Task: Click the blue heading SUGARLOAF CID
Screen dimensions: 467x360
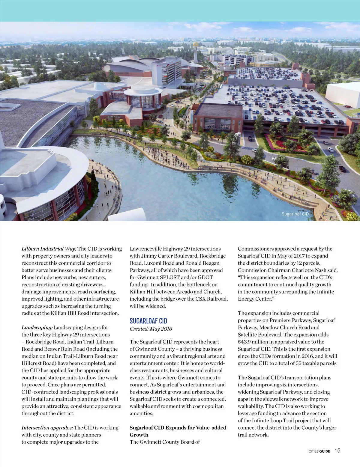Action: pos(148,321)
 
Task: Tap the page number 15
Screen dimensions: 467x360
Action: pos(337,451)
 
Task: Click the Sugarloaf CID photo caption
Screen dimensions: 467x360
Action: pos(295,214)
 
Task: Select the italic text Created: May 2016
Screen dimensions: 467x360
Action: pos(151,329)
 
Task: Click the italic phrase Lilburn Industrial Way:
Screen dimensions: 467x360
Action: pos(49,249)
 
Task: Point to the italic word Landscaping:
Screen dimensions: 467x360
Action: pos(37,328)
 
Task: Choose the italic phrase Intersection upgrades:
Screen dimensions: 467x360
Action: pos(47,428)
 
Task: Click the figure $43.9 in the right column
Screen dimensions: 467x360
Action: pos(245,342)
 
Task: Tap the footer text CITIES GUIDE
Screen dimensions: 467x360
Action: pos(319,451)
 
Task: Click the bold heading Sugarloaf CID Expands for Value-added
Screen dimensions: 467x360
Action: pos(178,428)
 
